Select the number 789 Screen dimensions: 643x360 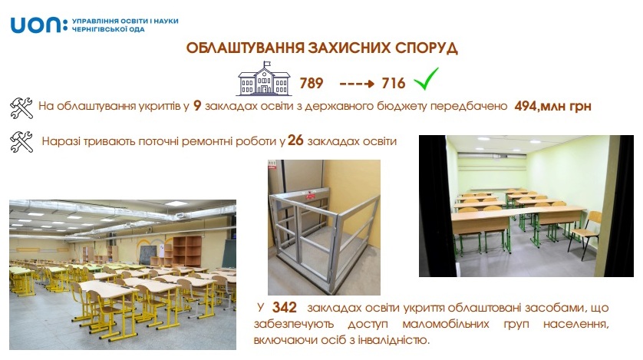coord(312,83)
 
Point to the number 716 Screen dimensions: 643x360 coord(394,83)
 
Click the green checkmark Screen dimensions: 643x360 coord(426,79)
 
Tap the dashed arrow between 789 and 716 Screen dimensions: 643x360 coord(357,84)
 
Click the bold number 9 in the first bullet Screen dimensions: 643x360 coord(197,106)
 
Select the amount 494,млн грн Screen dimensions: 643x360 coord(552,106)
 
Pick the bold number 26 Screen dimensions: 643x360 coord(295,140)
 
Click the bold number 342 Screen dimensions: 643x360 coord(284,308)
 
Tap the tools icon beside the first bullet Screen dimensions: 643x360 coord(21,108)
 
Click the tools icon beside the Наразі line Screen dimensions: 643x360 coord(21,142)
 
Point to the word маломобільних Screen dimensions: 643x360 coord(446,324)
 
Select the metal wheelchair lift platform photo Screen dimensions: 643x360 coord(324,227)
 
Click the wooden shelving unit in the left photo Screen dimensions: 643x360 coord(187,251)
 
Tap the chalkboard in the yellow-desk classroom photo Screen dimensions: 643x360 coord(147,255)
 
